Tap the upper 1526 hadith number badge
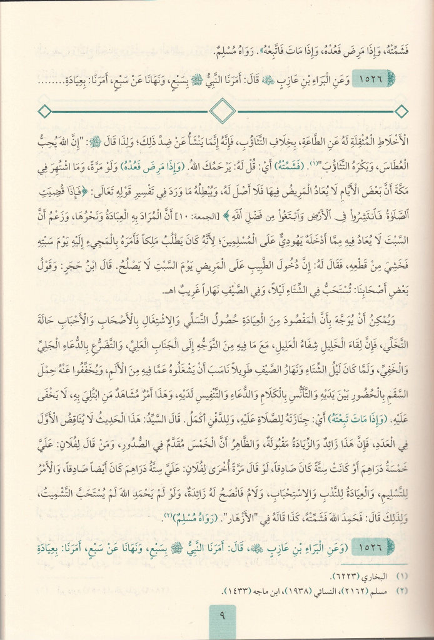click(377, 80)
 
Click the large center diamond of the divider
click(222, 112)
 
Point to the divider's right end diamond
click(401, 112)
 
